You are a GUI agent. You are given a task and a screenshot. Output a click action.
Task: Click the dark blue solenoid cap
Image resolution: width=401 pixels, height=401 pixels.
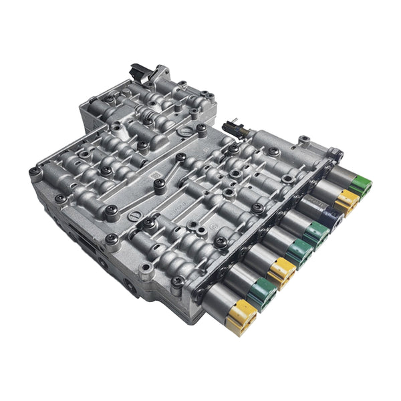point(330,217)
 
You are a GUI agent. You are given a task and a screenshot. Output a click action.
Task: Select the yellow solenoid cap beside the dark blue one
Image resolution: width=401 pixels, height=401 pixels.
point(348,200)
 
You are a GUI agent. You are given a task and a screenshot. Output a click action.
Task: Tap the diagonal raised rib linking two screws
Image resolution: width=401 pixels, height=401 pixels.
point(171,170)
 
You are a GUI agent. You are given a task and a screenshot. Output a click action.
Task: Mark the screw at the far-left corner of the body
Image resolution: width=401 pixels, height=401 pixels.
point(35,172)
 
